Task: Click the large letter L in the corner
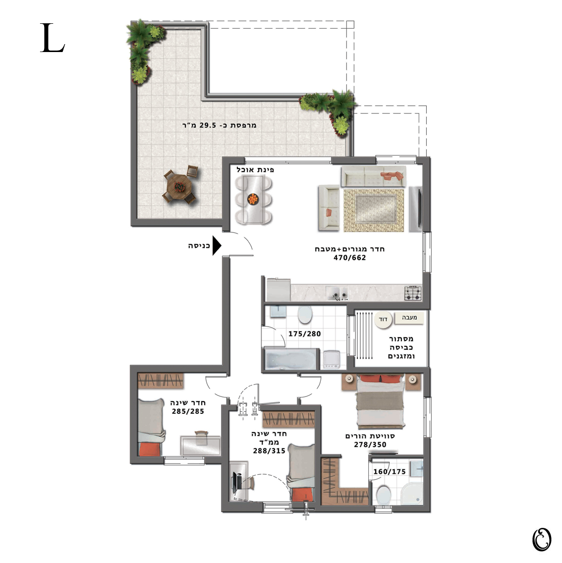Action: (x=52, y=38)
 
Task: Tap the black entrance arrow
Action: (x=216, y=246)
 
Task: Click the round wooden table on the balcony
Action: (x=179, y=187)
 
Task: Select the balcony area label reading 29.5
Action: (x=208, y=125)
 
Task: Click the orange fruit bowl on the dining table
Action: (x=253, y=199)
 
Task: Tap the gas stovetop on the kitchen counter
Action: (x=413, y=293)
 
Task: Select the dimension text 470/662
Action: (x=349, y=258)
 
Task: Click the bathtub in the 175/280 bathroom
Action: (x=291, y=359)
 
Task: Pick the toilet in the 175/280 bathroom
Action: (x=305, y=315)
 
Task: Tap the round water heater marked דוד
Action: (x=383, y=319)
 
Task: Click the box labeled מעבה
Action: (x=409, y=317)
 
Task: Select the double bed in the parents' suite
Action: (x=381, y=401)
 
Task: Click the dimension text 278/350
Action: (x=370, y=445)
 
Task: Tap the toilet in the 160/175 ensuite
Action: (x=384, y=495)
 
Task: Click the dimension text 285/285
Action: (x=188, y=411)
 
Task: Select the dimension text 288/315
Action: (x=269, y=451)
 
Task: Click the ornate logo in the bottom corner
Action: (x=542, y=540)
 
